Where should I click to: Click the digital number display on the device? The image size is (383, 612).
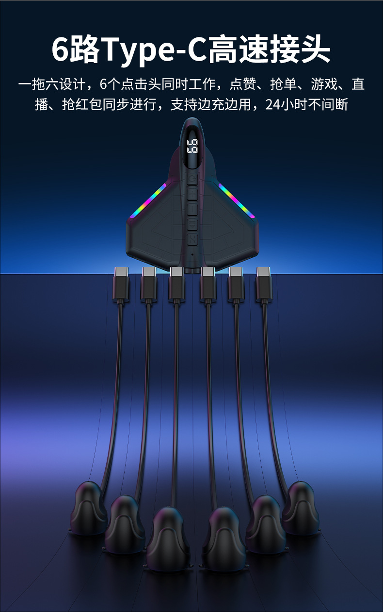point(192,146)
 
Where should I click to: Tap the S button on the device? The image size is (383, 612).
point(192,239)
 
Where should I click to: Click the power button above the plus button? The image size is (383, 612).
point(192,179)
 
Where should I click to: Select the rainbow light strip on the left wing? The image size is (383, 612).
point(148,201)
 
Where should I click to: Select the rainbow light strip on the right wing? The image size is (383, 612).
point(237,201)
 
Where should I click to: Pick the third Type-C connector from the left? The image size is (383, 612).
point(176,284)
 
